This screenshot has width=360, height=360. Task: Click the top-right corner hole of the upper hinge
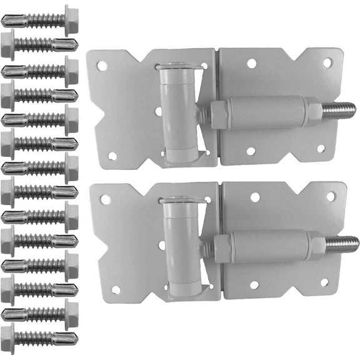pos(327,62)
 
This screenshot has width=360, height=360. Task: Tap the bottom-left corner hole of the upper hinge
pos(112,155)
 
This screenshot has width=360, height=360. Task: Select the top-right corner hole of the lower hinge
pos(330,196)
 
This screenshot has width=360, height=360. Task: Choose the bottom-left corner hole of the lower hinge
pos(115,289)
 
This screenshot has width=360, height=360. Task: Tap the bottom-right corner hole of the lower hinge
pos(324,282)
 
